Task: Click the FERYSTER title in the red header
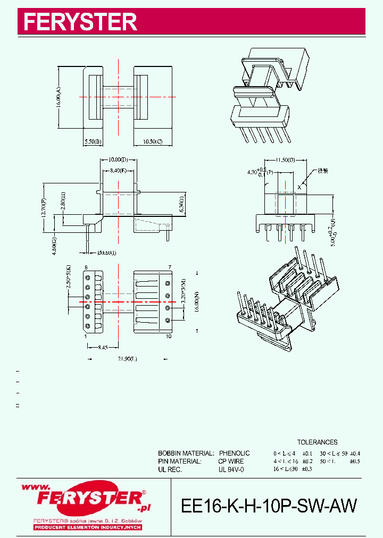pos(80,22)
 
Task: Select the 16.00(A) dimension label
pos(59,97)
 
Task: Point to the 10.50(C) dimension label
pos(152,141)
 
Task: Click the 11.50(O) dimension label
pos(286,159)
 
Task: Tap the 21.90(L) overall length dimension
pos(127,359)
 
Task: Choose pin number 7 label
pos(169,266)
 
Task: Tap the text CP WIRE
pos(231,461)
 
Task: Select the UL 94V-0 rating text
pos(230,470)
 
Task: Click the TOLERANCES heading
pos(317,442)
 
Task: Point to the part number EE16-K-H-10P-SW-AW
pos(269,506)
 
